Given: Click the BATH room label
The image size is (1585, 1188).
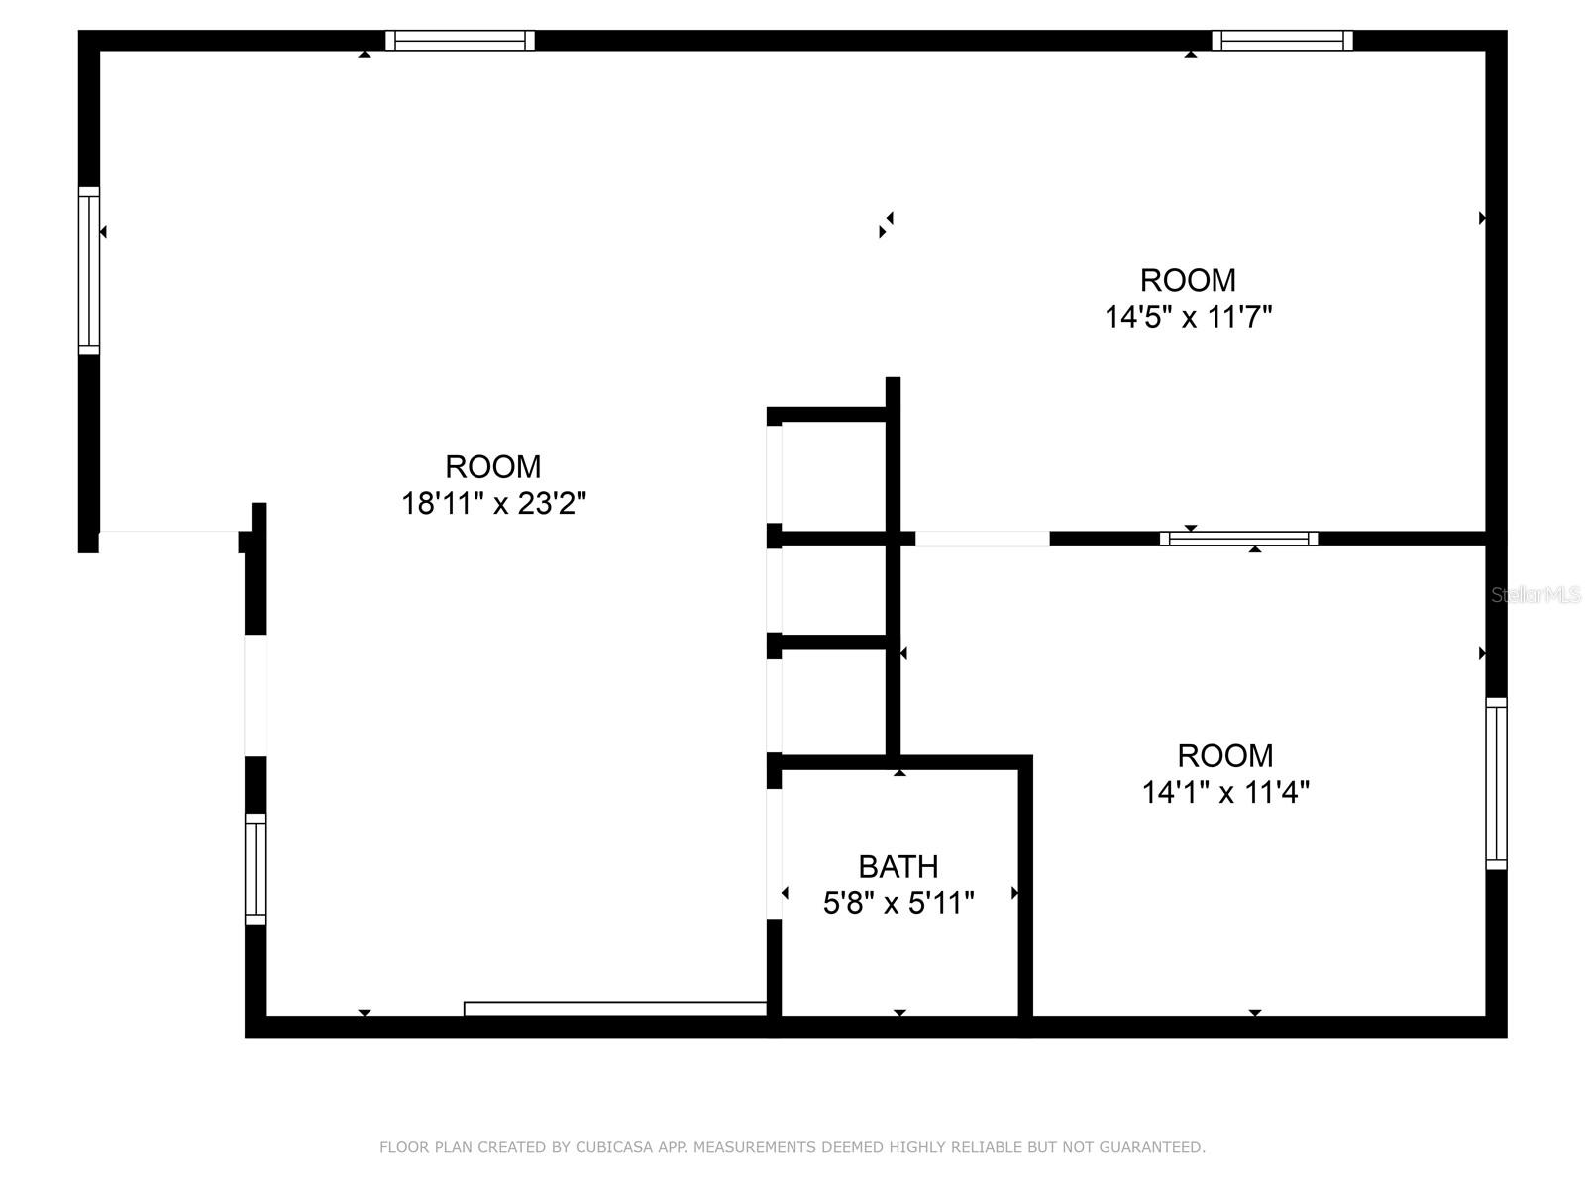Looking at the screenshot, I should point(898,866).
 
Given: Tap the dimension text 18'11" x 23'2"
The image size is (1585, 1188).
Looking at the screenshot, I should point(493,504).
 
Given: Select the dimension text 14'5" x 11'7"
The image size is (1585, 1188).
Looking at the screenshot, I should point(1188,317).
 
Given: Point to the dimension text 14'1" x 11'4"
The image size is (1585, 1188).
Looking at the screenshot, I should point(1225,792).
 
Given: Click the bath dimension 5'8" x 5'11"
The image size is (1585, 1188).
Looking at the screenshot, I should point(898,903).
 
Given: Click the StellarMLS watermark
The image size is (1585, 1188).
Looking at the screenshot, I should point(1535,595).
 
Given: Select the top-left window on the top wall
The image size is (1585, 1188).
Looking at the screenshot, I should point(460,41).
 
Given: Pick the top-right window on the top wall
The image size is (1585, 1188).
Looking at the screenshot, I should point(1282,41).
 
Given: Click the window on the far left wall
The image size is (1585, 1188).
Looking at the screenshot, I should point(89,270).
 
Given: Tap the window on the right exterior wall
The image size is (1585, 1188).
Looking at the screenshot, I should point(1496,783).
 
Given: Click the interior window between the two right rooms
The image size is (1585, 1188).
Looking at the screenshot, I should point(1238,539).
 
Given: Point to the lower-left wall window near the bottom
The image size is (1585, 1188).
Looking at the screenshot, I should point(256,869).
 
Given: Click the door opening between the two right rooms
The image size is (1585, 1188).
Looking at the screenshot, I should point(982,539).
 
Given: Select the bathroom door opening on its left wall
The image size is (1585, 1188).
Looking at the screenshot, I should point(774,853).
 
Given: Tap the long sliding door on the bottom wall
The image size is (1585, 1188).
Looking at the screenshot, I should point(615,1009).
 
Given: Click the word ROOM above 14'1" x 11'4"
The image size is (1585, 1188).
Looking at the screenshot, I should point(1225,755).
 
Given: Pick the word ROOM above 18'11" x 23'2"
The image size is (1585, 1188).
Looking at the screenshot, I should point(493,466).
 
